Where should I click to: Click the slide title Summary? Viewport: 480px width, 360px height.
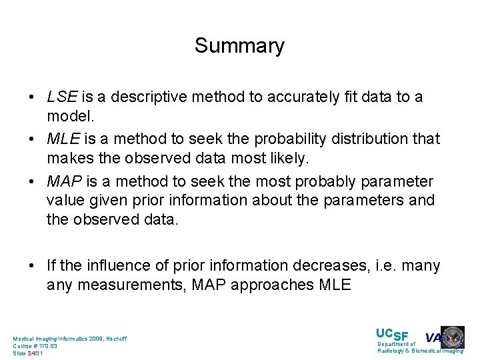239,46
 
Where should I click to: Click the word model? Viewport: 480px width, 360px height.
65,116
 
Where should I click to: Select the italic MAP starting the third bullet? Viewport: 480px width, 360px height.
63,181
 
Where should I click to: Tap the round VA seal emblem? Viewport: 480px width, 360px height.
453,337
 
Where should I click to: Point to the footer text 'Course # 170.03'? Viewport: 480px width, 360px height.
35,346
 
